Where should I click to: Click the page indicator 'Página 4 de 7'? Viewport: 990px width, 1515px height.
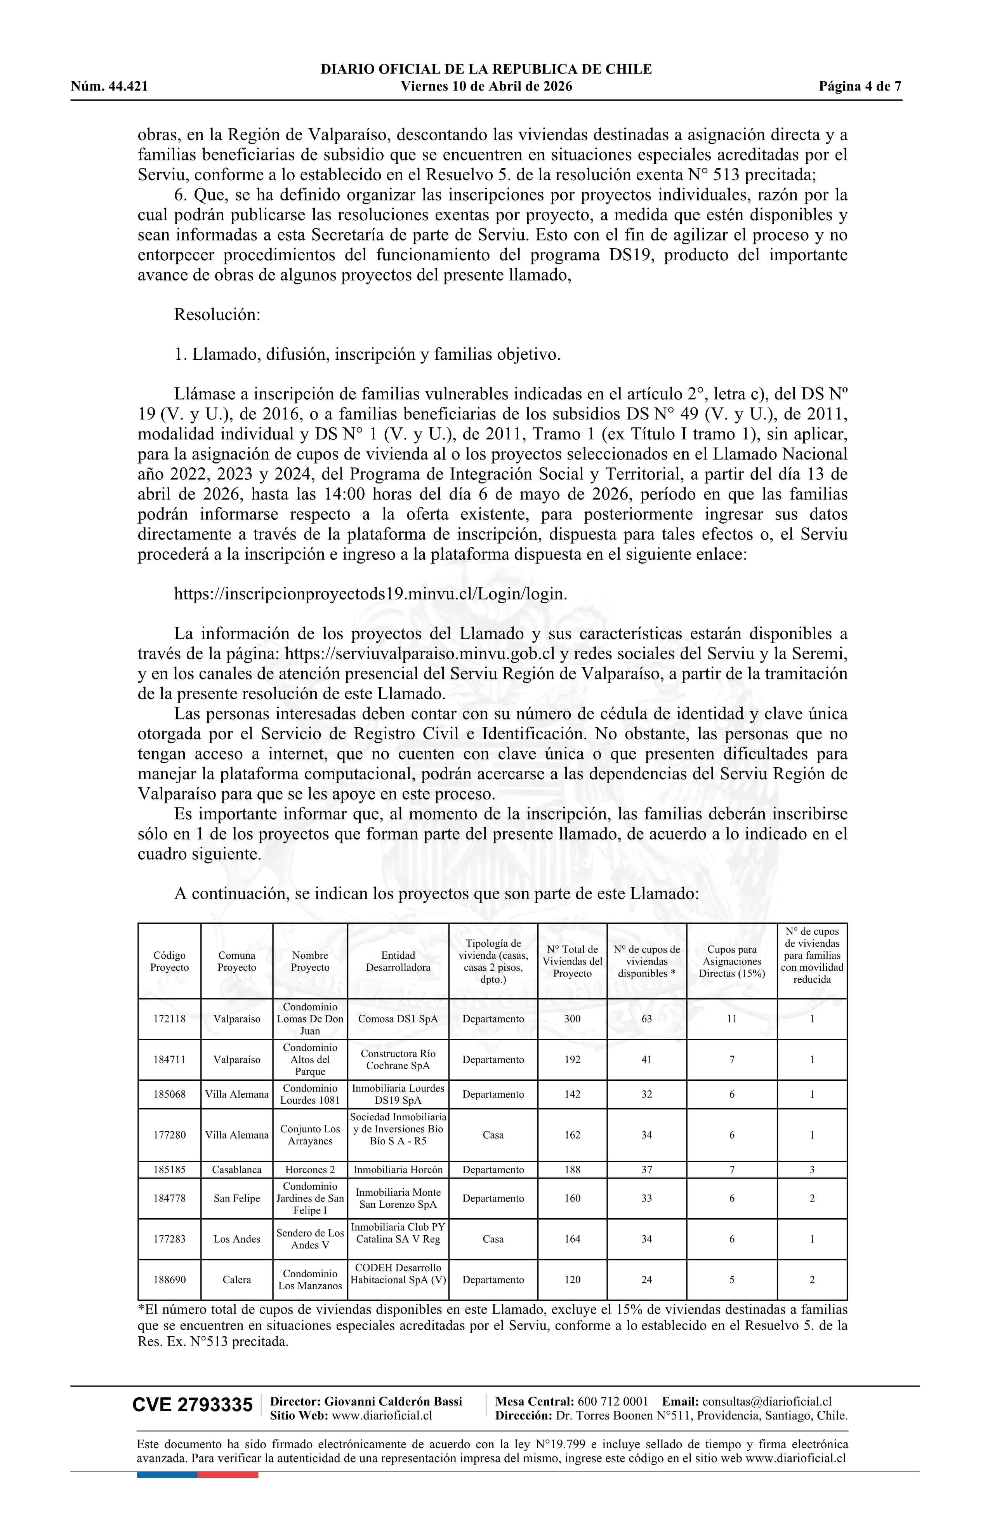pos(860,87)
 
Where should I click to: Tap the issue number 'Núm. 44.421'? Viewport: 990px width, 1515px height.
pos(109,87)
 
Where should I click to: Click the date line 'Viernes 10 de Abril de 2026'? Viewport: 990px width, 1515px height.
pos(486,87)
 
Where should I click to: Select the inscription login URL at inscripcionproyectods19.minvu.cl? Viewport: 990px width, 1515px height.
pos(370,594)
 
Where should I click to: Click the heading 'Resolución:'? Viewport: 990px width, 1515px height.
pos(217,314)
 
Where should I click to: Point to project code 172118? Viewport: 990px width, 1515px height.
pos(169,1019)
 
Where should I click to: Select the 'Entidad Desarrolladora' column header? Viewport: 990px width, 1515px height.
pos(398,961)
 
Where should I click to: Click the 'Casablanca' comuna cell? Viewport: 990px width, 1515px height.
pos(237,1169)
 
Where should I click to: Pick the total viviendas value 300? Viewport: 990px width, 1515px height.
pos(572,1019)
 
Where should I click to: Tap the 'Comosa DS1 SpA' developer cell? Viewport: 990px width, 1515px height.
pos(398,1019)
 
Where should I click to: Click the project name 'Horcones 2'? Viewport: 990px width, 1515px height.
pos(310,1169)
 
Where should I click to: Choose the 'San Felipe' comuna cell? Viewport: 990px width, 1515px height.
pos(237,1198)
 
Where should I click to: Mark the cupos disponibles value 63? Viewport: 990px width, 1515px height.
pos(646,1019)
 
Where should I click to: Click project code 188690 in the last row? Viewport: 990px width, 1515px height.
pos(169,1280)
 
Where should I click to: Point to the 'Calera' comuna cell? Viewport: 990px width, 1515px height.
pos(237,1280)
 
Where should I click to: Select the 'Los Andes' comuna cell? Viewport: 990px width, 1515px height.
pos(237,1239)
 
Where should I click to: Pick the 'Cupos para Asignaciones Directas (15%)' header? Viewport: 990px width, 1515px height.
pos(732,961)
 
